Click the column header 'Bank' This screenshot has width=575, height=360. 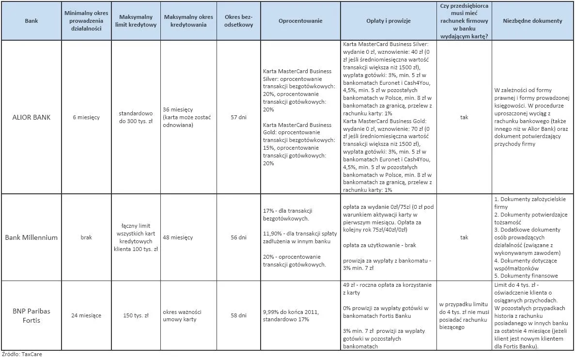coord(31,21)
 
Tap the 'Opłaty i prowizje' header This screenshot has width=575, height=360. coord(389,21)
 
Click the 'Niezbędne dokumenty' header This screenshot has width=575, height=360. coord(532,21)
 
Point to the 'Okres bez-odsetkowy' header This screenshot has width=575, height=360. coord(238,21)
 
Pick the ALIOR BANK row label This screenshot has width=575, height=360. coord(31,117)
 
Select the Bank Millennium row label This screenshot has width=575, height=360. coord(31,237)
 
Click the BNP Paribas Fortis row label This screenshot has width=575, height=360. coord(31,315)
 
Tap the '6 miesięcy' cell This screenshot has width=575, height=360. coord(87,117)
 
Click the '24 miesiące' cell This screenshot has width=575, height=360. coord(87,315)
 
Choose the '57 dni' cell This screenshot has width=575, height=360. coord(238,117)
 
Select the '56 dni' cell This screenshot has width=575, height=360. coord(238,237)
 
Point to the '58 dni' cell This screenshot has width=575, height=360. coord(238,315)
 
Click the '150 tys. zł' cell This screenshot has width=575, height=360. coord(136,315)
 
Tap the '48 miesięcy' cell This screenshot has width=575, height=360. coord(178,237)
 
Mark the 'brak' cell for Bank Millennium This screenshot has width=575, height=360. coord(87,237)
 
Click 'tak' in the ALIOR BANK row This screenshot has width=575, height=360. coord(464,117)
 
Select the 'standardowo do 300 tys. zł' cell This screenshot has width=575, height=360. coord(136,117)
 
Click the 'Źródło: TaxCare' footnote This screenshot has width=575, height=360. coord(22,355)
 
